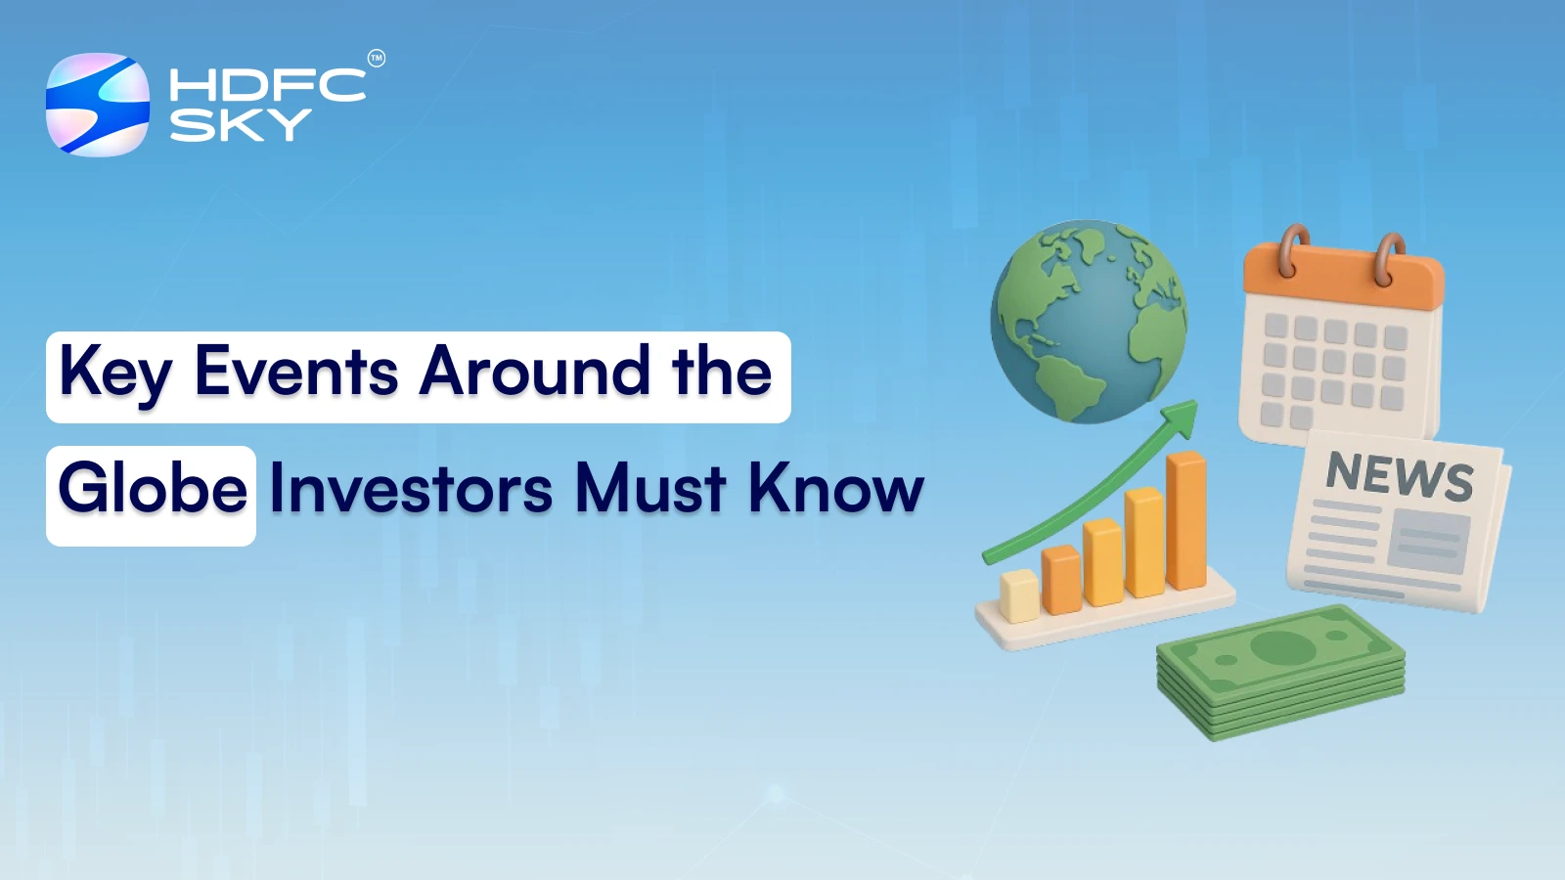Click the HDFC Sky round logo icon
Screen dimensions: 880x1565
pos(98,105)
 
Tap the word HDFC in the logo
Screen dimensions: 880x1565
pos(267,85)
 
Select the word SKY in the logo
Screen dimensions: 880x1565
pos(240,125)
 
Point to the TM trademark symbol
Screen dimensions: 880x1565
pos(377,59)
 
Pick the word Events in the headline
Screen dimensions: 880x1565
pos(296,373)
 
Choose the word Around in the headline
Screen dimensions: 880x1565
pos(535,373)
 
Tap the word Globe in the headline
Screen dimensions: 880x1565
pos(153,488)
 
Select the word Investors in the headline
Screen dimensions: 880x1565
pos(411,488)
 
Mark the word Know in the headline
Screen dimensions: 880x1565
pos(836,488)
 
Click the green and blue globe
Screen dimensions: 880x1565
pos(1088,321)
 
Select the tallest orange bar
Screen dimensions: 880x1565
pos(1186,520)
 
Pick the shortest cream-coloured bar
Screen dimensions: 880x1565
pos(1018,594)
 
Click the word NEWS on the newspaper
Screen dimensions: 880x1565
pos(1400,476)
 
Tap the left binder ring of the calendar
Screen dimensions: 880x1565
pos(1293,248)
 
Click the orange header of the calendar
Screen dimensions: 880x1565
pos(1343,280)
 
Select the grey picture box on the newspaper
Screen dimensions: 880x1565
pos(1429,543)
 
